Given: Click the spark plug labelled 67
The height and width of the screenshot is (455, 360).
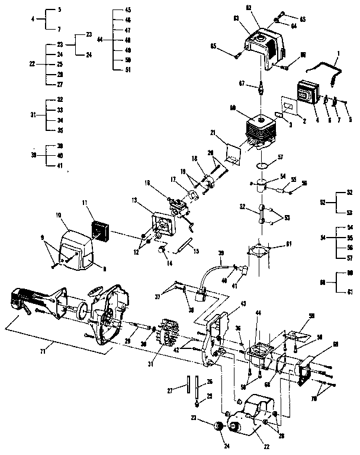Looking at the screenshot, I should (259, 91).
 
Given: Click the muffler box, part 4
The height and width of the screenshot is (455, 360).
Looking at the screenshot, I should (308, 95).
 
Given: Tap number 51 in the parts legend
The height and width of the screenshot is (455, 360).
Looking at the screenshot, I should (128, 69).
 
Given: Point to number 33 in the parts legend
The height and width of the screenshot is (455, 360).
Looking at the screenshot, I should (60, 110).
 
